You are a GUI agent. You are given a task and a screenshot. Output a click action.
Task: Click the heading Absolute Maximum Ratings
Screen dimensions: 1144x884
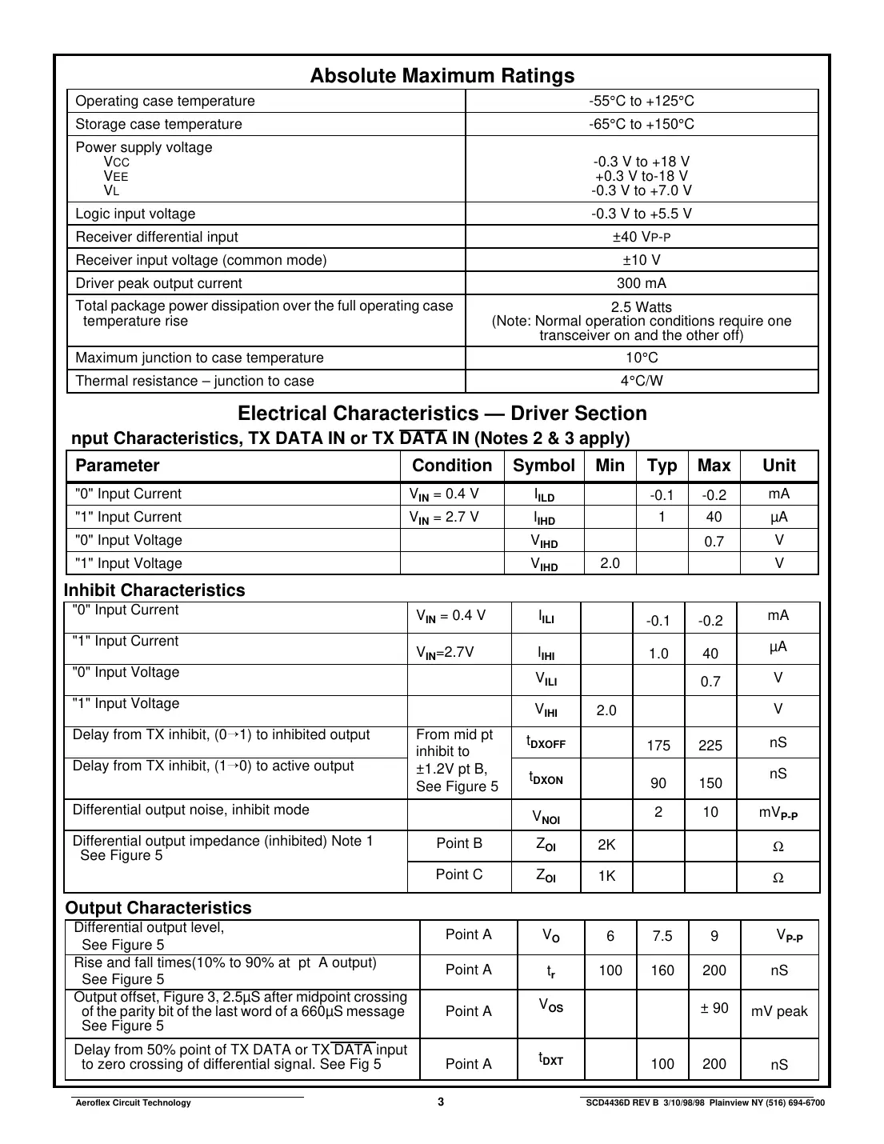click(x=442, y=76)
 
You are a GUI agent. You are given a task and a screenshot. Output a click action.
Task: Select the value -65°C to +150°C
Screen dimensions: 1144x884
click(x=641, y=124)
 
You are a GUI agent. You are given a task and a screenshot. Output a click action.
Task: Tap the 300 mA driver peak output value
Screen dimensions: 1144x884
click(x=641, y=283)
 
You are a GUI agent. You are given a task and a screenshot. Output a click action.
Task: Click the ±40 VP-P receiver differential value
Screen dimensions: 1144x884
click(x=641, y=237)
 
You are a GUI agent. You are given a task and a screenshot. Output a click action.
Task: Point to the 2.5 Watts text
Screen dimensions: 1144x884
click(x=641, y=307)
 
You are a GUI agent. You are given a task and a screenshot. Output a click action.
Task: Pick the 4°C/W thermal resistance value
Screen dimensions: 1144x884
click(x=641, y=381)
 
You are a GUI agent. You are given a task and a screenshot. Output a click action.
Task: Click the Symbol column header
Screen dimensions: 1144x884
click(x=543, y=466)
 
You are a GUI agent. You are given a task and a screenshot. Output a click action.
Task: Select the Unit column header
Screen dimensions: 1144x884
click(x=778, y=466)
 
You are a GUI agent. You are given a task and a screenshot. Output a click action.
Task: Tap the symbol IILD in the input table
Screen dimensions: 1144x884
click(x=544, y=495)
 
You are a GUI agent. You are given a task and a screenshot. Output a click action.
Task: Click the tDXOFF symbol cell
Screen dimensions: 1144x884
click(x=546, y=742)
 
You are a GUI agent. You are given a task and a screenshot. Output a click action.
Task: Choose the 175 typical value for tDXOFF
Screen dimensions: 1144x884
click(x=658, y=746)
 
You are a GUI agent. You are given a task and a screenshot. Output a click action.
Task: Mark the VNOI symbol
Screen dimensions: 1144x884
click(x=546, y=817)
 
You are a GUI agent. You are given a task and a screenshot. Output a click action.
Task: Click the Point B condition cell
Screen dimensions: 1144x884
click(x=459, y=843)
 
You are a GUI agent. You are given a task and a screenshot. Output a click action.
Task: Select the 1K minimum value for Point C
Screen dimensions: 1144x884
click(x=606, y=876)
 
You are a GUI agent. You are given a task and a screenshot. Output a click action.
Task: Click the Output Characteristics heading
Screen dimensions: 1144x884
click(x=158, y=908)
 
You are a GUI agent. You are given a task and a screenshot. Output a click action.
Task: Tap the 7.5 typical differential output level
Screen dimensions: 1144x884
click(x=662, y=936)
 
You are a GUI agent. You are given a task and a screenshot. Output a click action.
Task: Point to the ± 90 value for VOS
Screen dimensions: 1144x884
click(x=714, y=1008)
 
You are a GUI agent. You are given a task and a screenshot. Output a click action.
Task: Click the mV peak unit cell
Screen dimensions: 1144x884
click(x=779, y=1011)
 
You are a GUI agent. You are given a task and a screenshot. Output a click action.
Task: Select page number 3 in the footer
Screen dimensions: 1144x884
click(x=441, y=1102)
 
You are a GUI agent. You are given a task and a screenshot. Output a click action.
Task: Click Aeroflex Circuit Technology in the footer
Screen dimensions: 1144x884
click(x=133, y=1102)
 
